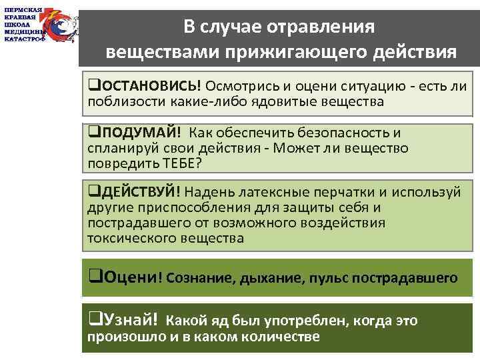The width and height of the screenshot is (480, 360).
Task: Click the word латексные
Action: pos(282,192)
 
